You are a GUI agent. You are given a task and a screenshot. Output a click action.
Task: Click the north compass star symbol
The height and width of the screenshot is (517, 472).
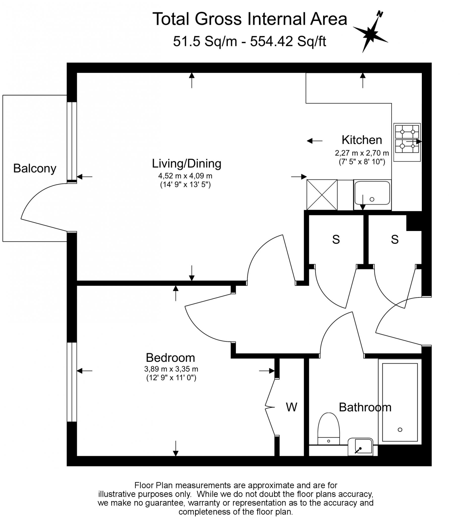(370, 33)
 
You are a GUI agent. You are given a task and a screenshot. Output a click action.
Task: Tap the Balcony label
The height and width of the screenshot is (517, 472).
(35, 168)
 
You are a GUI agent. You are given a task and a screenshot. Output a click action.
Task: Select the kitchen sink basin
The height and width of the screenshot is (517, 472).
(372, 193)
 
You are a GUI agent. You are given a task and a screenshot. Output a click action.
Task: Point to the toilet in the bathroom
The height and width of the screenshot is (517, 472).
(328, 429)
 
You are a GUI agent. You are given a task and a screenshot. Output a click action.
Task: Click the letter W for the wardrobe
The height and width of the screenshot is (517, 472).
(291, 407)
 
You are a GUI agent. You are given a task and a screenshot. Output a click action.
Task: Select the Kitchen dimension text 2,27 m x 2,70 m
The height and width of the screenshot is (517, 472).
(362, 153)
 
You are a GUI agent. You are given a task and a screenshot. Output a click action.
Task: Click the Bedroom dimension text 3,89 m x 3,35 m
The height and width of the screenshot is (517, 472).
(171, 369)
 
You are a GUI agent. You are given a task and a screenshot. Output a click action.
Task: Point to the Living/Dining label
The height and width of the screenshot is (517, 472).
(186, 164)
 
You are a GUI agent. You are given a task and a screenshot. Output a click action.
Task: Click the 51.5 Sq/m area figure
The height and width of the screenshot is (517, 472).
(205, 41)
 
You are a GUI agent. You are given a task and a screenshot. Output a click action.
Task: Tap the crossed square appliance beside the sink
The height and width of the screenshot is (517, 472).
(322, 195)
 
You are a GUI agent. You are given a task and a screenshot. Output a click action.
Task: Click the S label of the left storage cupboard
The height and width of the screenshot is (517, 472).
(336, 240)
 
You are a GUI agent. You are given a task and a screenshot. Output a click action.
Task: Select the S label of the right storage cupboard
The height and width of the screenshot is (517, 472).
(395, 240)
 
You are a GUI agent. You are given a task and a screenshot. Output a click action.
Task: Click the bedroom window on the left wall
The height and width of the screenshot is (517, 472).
(72, 382)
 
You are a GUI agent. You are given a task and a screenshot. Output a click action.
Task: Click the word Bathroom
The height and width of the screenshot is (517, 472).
(365, 407)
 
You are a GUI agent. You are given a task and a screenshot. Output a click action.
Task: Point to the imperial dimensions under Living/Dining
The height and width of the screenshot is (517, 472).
(185, 185)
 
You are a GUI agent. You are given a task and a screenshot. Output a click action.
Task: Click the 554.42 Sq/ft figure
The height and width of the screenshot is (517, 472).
(288, 41)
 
